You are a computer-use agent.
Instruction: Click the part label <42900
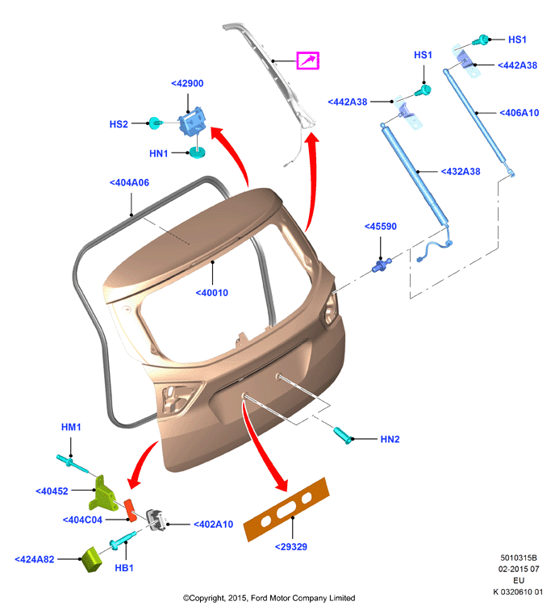tap(187, 83)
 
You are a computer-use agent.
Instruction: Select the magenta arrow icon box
tap(307, 61)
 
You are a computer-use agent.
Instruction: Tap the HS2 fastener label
tap(119, 124)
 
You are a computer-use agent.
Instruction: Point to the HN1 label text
tap(159, 153)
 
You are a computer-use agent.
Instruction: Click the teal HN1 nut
tap(198, 152)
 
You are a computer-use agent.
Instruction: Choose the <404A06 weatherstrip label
tap(129, 183)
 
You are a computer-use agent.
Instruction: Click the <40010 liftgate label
tap(211, 293)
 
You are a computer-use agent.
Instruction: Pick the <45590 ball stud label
tap(381, 227)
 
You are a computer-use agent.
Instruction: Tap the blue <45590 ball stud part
tap(381, 265)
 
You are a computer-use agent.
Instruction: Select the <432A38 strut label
tap(461, 172)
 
